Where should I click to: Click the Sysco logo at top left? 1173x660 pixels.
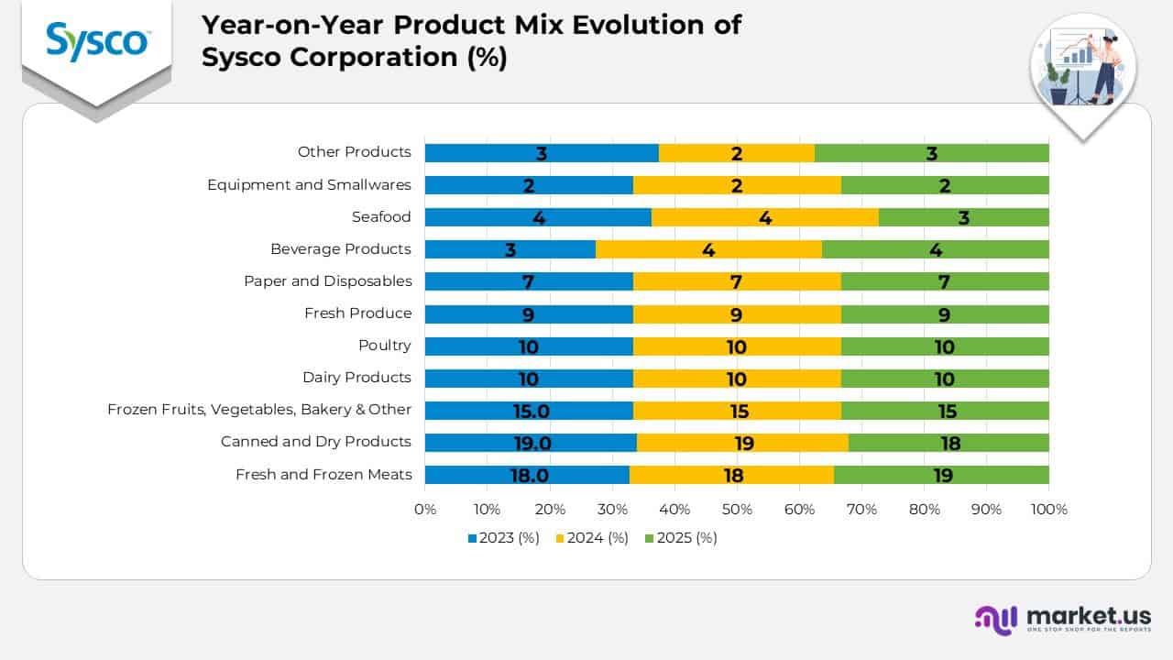coord(97,41)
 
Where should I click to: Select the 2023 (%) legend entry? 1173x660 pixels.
coord(503,538)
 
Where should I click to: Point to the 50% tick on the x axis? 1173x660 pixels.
coord(737,509)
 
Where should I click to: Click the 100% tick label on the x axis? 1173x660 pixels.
coord(1048,509)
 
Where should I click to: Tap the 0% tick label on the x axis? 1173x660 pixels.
coord(425,509)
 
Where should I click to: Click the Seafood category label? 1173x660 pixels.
coord(381,217)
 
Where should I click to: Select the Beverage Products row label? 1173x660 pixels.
coord(341,249)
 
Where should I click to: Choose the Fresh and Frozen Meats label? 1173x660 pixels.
coord(323,474)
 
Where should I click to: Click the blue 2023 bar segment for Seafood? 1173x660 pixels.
coord(538,217)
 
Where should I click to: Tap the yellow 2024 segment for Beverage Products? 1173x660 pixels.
coord(708,249)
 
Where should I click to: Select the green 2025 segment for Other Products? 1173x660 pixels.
coord(931,153)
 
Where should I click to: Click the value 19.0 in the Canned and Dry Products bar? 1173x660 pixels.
coord(532,443)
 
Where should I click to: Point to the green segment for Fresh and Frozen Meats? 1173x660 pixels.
coord(941,475)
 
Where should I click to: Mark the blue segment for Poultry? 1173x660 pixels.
coord(529,346)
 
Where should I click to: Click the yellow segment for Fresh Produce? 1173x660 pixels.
coord(737,314)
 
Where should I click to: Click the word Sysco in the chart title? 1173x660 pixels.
coord(244,56)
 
